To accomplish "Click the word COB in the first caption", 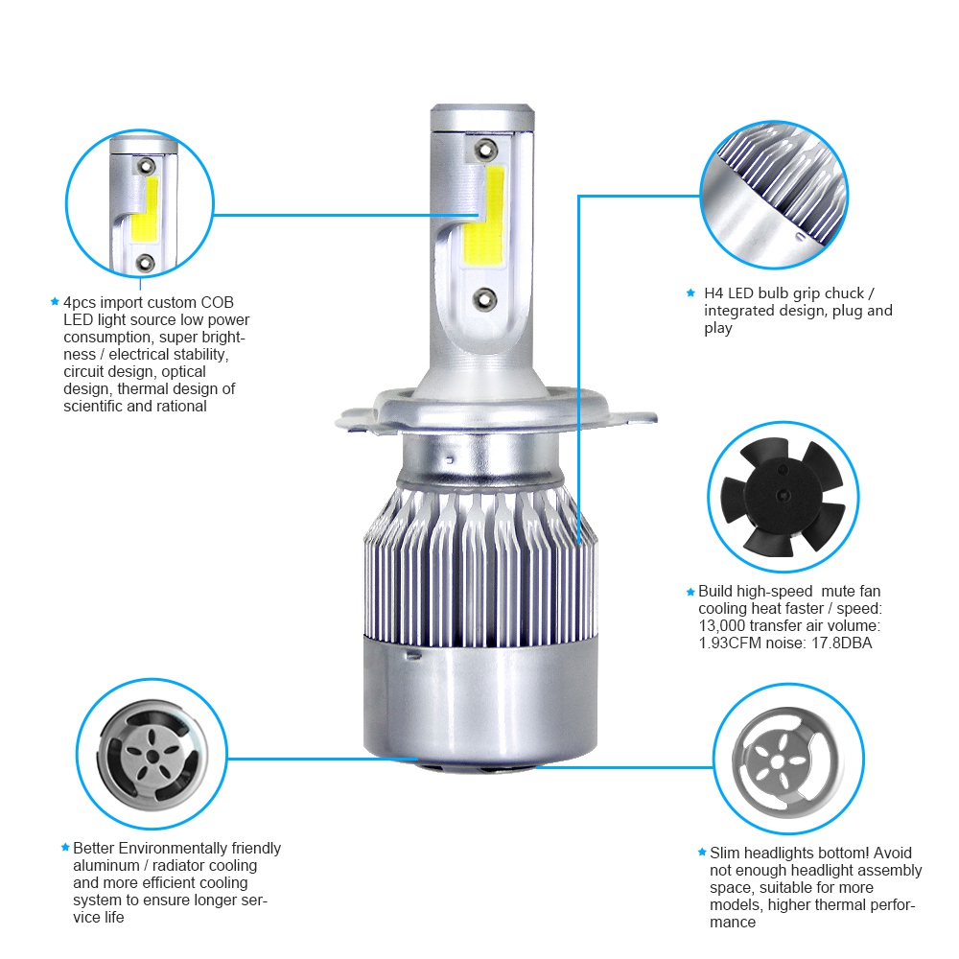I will tap(216, 302).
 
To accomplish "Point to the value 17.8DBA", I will tap(841, 643).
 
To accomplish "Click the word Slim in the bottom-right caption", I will tap(726, 853).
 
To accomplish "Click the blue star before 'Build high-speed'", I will tap(690, 593).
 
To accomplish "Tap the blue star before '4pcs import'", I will tap(55, 302).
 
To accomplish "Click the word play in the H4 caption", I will tap(718, 328).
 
